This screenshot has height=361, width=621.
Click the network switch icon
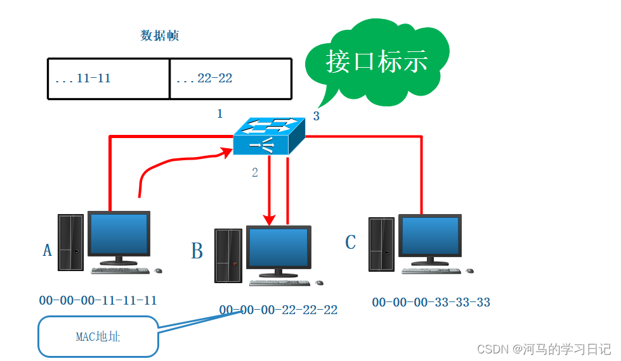pos(268,136)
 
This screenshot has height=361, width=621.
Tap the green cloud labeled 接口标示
pos(377,61)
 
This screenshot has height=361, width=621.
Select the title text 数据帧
pos(159,36)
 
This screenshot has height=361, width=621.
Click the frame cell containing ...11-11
pos(108,79)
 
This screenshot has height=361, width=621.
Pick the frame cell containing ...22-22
pos(230,79)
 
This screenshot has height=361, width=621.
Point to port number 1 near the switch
pos(220,114)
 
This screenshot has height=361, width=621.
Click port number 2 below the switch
pos(255,172)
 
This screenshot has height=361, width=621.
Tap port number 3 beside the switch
pos(316,117)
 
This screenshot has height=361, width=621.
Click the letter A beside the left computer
pos(47,251)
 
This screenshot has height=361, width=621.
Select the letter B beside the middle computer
pos(197,251)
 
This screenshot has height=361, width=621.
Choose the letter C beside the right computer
pos(350,242)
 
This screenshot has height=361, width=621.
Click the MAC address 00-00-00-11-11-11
pos(98,300)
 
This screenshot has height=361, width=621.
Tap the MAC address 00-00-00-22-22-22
pos(278,310)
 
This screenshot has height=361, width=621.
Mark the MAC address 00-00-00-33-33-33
pos(431,302)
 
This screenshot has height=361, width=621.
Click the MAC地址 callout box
pos(98,336)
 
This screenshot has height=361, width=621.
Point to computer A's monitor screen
pos(119,233)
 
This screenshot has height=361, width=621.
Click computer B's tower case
pos(228,256)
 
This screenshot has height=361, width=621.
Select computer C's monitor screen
pos(429,236)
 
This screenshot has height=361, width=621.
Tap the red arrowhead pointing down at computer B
pos(270,219)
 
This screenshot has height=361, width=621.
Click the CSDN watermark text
pos(544,349)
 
